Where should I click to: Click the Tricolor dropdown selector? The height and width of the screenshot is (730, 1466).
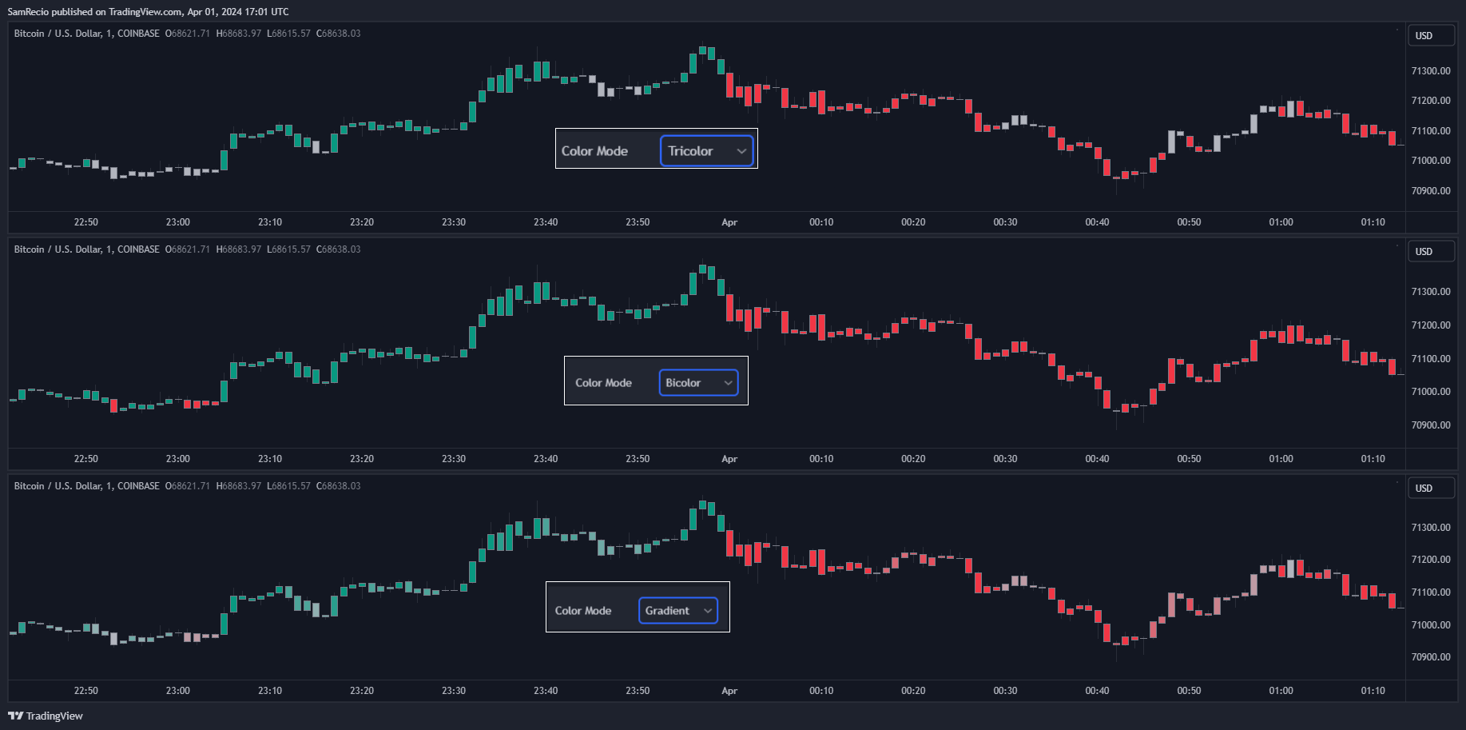[706, 151]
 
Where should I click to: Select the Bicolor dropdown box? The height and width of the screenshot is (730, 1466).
[698, 383]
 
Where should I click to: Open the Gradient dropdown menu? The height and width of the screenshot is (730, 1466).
[677, 611]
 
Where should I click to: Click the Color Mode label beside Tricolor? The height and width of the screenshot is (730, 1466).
[594, 151]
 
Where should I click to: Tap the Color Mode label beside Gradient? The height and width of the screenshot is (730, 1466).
[583, 611]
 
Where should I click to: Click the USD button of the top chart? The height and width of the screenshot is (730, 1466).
[1430, 36]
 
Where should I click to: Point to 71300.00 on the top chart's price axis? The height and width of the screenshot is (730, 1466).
[1431, 71]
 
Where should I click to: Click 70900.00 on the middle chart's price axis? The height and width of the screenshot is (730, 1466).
[1431, 425]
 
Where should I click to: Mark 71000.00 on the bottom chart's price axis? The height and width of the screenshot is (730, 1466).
[1431, 625]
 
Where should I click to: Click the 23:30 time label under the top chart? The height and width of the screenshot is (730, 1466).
[454, 222]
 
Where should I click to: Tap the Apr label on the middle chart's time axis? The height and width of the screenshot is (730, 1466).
[729, 459]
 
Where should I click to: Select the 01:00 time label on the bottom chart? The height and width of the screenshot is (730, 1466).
[1281, 691]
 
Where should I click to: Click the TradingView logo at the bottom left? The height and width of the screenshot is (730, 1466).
[46, 716]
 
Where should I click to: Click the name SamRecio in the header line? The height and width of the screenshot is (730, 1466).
[28, 12]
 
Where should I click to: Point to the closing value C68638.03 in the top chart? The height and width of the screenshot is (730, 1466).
[339, 34]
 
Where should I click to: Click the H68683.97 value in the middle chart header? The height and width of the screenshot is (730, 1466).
[239, 249]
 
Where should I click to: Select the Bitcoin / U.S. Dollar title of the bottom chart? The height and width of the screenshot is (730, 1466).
[58, 486]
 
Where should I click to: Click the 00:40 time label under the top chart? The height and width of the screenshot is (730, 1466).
[1097, 222]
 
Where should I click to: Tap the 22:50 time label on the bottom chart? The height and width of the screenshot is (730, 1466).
[86, 691]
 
